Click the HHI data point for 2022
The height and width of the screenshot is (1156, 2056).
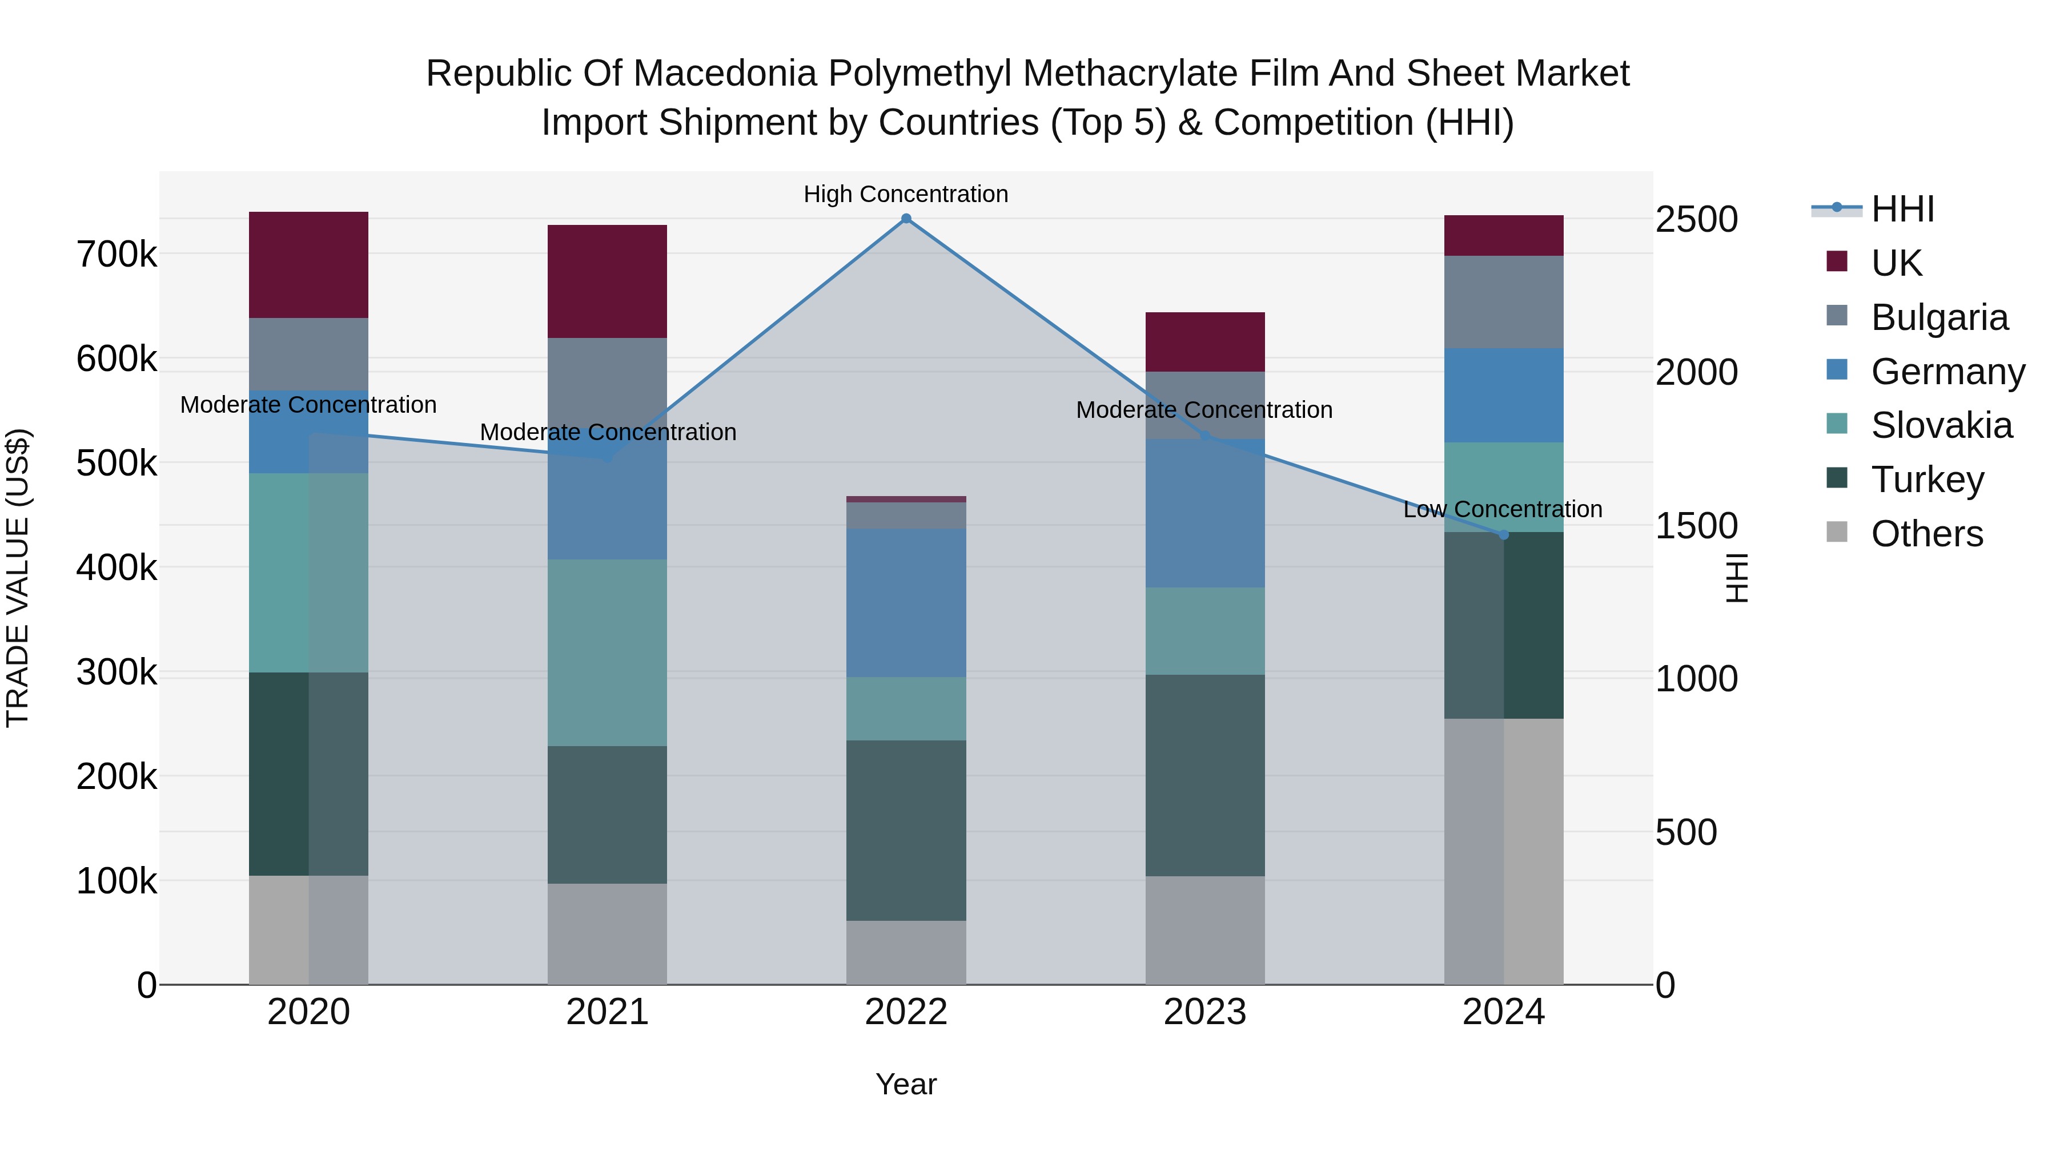click(x=906, y=219)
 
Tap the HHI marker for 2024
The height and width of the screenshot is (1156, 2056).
click(x=1504, y=534)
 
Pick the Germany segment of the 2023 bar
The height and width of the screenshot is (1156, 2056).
click(x=1204, y=513)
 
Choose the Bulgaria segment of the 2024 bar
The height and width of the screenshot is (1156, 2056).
click(x=1504, y=301)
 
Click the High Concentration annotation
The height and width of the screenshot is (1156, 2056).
click(x=906, y=194)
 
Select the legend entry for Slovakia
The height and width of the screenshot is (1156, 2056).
click(x=1941, y=425)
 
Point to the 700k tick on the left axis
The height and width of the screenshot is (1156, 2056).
click(x=117, y=255)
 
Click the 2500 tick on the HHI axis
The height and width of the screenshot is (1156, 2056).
click(x=1696, y=219)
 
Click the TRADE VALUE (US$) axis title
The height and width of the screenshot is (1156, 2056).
click(x=18, y=578)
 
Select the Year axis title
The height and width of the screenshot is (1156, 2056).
click(x=906, y=1084)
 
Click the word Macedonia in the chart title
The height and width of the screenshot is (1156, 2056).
click(x=722, y=74)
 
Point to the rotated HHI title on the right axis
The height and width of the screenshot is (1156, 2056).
click(x=1737, y=578)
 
